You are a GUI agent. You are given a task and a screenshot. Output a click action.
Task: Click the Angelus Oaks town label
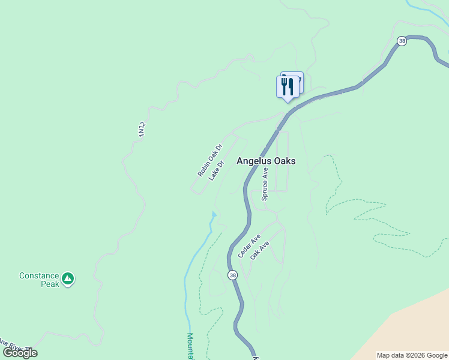(x=266, y=161)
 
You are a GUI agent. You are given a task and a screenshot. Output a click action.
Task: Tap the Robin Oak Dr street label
(x=210, y=160)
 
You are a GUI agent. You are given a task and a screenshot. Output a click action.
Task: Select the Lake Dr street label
(x=216, y=170)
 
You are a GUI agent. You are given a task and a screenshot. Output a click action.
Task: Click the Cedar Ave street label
(x=249, y=246)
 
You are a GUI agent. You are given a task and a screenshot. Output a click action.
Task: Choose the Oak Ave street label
(x=260, y=250)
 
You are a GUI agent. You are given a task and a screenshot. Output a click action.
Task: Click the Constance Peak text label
(x=39, y=280)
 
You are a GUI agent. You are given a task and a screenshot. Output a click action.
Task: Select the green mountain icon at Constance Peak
(x=68, y=278)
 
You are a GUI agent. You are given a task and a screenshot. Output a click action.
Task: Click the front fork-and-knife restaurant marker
(x=287, y=86)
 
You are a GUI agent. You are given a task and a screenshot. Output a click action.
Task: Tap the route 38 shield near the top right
(x=402, y=41)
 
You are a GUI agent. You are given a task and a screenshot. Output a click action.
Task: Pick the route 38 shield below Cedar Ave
(x=232, y=275)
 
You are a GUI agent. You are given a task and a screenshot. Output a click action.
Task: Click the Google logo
(x=20, y=353)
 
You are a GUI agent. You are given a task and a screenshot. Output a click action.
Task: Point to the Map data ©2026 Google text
(x=412, y=355)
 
